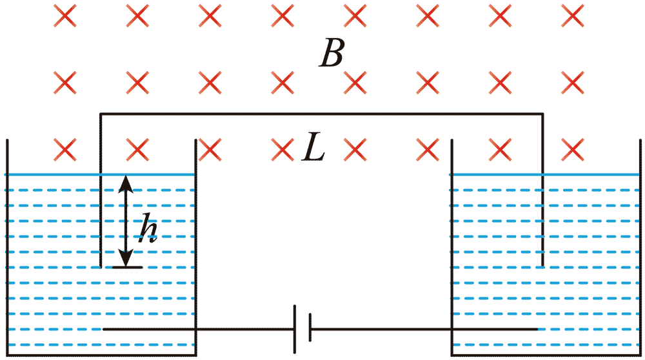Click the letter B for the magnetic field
[x=332, y=54]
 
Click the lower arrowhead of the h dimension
[x=126, y=258]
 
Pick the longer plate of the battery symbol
[x=295, y=329]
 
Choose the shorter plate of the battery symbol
[x=310, y=328]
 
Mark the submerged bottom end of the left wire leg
[x=101, y=267]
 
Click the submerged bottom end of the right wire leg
[x=542, y=266]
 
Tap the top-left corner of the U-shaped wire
[x=101, y=113]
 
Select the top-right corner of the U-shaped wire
[x=542, y=113]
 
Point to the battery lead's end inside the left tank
[x=103, y=329]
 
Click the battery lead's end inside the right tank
[x=537, y=329]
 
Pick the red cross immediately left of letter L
[x=283, y=149]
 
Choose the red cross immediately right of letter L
[x=355, y=149]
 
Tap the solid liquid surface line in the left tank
[x=99, y=175]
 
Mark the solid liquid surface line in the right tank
[x=544, y=175]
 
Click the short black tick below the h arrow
[x=128, y=268]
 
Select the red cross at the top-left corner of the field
[x=65, y=16]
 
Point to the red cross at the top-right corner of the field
[x=573, y=16]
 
